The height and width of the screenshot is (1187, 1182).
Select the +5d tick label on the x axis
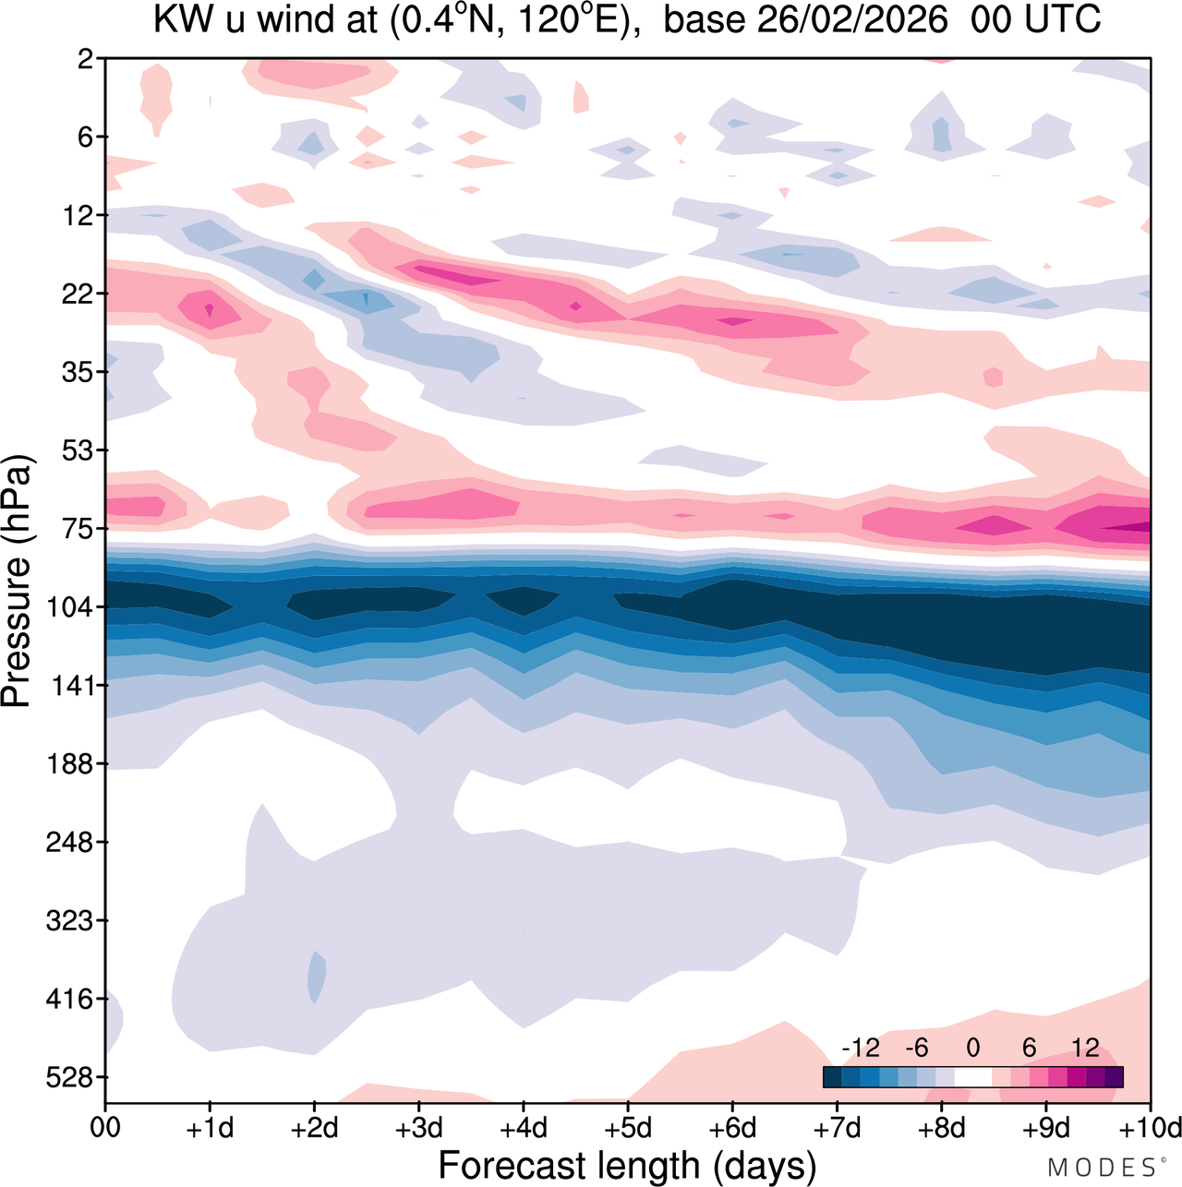click(x=627, y=1129)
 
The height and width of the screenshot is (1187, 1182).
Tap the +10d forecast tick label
click(x=1150, y=1129)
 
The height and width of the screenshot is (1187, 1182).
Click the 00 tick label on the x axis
click(x=105, y=1129)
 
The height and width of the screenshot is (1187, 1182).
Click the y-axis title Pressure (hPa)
click(x=18, y=582)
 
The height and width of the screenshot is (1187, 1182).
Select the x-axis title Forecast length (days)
click(x=627, y=1165)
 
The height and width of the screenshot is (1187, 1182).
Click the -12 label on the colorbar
click(x=861, y=1048)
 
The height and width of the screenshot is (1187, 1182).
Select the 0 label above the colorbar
click(x=972, y=1048)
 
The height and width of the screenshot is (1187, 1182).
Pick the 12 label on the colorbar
click(x=1085, y=1048)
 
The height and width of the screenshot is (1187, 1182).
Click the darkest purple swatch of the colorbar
click(x=1114, y=1076)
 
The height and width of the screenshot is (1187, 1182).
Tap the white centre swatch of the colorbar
click(x=972, y=1076)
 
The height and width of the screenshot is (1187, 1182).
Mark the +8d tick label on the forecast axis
click(x=941, y=1129)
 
